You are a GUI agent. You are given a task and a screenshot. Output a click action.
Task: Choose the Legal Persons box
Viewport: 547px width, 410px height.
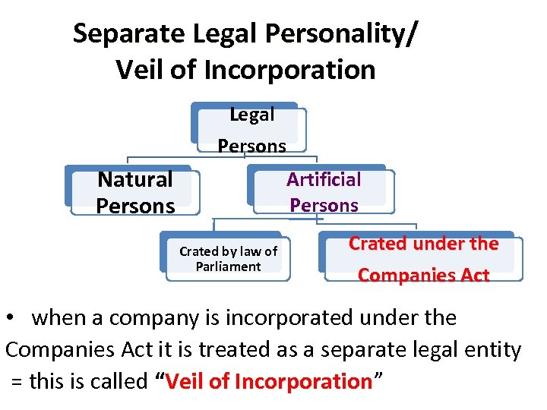(x=251, y=130)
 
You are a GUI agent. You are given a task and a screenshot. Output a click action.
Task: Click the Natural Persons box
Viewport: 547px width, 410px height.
(x=135, y=193)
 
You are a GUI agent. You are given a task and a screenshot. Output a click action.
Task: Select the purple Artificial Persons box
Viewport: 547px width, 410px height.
(x=324, y=192)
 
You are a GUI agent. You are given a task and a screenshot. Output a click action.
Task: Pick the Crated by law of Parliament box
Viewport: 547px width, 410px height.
(x=228, y=259)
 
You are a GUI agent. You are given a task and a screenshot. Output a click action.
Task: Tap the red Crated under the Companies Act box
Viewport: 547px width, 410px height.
(x=423, y=260)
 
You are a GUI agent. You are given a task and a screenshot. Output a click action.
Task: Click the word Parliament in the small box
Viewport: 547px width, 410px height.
(x=228, y=266)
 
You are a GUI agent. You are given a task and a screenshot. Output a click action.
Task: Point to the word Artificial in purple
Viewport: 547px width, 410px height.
(x=324, y=179)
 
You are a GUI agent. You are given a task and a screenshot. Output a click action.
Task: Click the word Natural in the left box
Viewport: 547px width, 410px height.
(x=135, y=180)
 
